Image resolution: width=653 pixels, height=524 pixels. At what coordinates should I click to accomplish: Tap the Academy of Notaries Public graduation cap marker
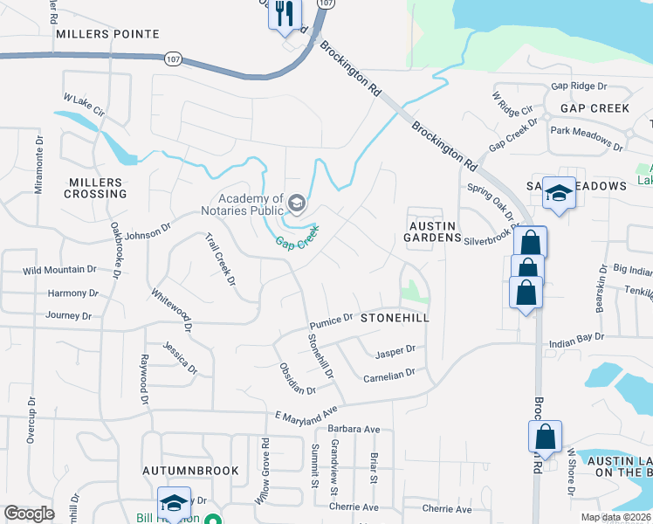(297, 204)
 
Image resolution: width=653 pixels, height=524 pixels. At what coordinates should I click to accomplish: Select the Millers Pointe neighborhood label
(107, 34)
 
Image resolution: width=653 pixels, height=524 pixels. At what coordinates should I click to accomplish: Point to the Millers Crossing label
(96, 187)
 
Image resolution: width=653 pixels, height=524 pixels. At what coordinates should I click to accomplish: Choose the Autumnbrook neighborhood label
(190, 470)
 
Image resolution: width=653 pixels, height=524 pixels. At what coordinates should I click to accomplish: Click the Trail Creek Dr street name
(221, 259)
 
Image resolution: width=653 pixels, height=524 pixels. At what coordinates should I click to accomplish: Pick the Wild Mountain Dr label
(59, 271)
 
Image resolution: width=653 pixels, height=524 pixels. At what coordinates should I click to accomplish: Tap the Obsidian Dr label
(298, 377)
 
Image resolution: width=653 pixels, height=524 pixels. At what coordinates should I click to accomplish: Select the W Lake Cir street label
(83, 106)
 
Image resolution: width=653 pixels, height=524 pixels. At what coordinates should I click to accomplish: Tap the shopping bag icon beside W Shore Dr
(545, 436)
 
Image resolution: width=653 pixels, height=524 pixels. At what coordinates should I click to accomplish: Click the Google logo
(29, 514)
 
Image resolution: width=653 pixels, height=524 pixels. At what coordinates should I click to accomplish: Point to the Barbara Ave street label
(354, 430)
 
